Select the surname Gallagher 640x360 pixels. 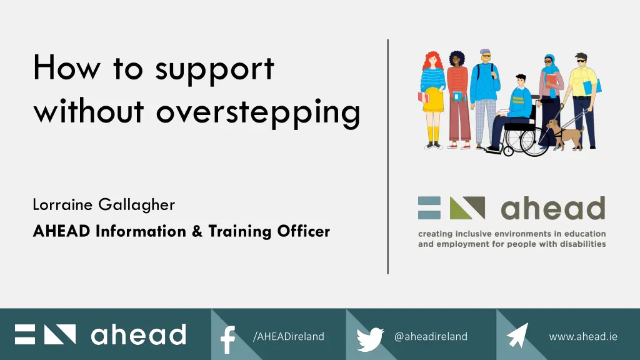point(137,205)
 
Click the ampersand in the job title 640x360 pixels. point(197,231)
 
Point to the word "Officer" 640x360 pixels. point(304,231)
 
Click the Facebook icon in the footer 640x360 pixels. point(227,339)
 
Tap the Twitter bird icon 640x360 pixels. point(370,339)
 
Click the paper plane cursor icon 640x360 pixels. point(517,336)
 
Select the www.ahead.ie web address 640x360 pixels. point(583,336)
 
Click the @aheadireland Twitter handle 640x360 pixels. point(431,336)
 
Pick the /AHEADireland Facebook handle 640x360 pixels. point(289,336)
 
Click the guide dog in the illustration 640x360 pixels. point(565,134)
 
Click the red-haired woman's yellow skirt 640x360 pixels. point(433,100)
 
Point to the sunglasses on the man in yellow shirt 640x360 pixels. point(581,61)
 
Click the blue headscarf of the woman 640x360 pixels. point(549,67)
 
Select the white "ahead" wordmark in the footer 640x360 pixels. point(139,334)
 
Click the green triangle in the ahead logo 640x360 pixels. point(459,210)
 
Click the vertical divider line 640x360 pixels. point(387,156)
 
